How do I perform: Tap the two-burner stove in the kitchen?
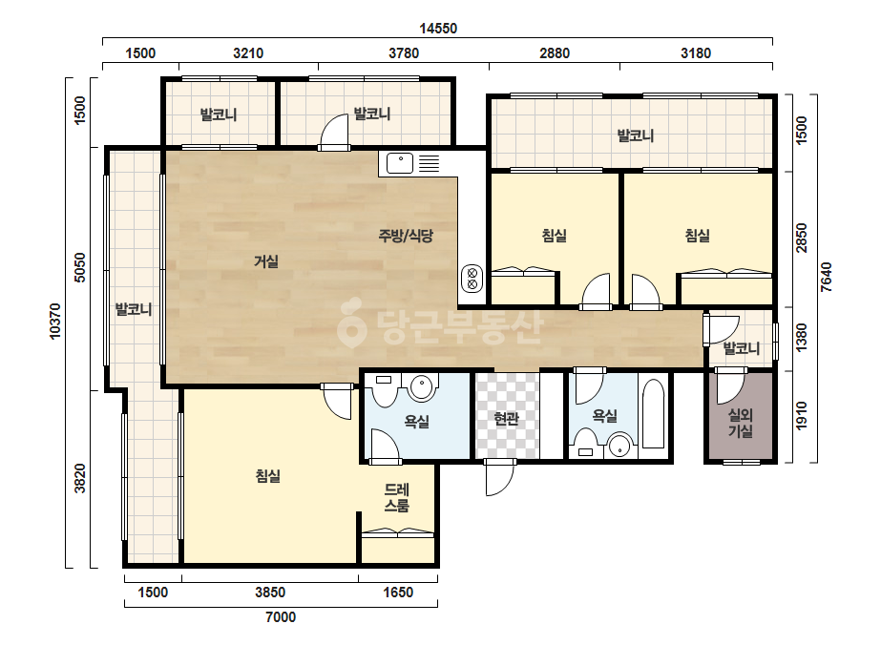click(472, 278)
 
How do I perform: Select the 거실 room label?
click(266, 261)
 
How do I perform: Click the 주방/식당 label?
click(407, 236)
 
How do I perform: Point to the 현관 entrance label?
click(506, 419)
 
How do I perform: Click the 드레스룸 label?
click(397, 498)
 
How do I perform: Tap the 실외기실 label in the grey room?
click(741, 423)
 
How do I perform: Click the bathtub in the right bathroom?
click(653, 414)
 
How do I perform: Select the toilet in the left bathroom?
click(385, 391)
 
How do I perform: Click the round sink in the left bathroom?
click(423, 388)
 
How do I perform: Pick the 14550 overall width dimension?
click(438, 28)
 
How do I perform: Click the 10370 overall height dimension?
click(55, 322)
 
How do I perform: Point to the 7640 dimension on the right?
click(826, 277)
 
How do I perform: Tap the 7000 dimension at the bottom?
click(281, 617)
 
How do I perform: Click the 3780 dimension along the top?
click(404, 53)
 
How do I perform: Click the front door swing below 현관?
click(499, 478)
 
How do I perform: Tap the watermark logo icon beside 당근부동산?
click(351, 322)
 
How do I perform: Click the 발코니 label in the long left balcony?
click(134, 309)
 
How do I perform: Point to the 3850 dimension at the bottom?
click(270, 593)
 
